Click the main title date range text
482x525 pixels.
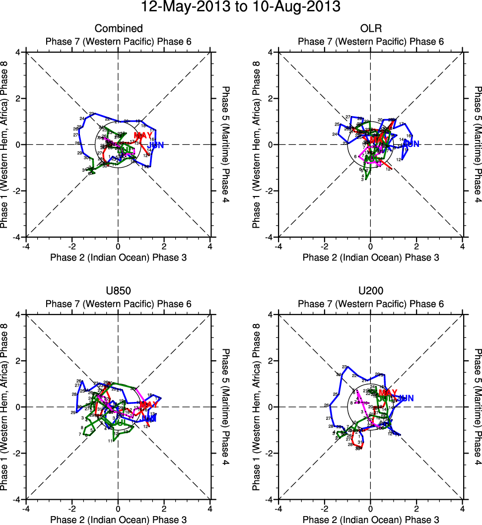click(241, 7)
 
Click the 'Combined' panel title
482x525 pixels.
click(118, 28)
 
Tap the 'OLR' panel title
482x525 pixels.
click(370, 28)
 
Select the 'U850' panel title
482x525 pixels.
click(118, 291)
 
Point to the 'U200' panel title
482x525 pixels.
click(370, 291)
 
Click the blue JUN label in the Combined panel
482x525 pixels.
click(156, 145)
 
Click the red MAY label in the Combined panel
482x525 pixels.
click(143, 135)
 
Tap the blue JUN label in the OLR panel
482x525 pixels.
click(412, 144)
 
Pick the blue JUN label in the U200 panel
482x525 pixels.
click(406, 398)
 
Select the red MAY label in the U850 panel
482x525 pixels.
click(148, 405)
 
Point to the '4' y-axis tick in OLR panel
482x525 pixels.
click(272, 52)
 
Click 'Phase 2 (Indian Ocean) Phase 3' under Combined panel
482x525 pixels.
click(118, 257)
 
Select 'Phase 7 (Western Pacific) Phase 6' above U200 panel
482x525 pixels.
click(370, 304)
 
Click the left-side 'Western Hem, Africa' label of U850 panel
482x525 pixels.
click(4, 407)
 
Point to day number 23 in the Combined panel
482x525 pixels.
click(91, 114)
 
